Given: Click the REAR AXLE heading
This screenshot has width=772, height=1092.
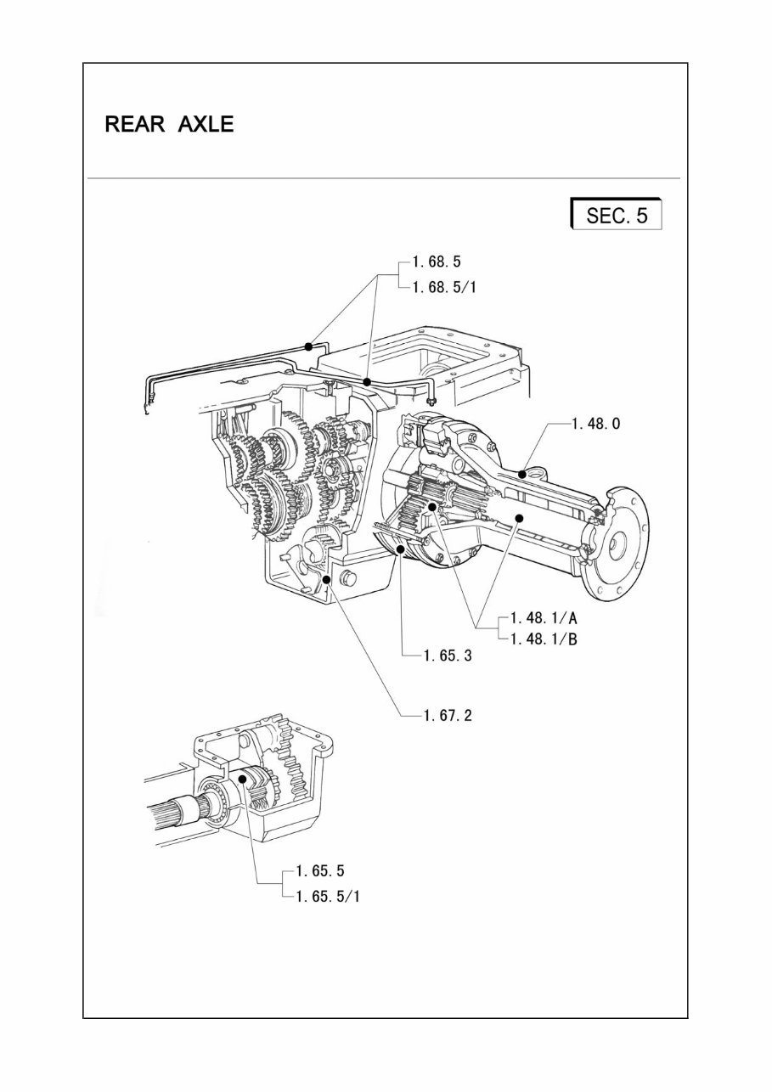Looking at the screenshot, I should point(169,124).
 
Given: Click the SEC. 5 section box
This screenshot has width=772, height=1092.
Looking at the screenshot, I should point(617,215).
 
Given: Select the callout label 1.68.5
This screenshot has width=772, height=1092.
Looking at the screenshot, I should point(437,262).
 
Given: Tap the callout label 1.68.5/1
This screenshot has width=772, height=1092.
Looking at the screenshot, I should point(444,287).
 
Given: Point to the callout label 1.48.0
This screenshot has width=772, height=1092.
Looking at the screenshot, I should point(595,423).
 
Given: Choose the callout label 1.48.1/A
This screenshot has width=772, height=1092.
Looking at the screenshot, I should point(544,618).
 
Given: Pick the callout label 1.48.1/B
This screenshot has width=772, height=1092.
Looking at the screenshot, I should point(544,639).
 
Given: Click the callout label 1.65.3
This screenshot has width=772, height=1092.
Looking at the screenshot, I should point(448,655).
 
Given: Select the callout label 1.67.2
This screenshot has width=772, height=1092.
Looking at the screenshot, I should point(448,715).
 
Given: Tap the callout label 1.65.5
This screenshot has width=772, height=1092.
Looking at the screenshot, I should point(320,870).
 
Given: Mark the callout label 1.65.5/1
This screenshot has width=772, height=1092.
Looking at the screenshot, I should point(328,896).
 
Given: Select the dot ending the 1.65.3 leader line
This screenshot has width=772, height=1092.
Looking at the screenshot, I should point(399,550).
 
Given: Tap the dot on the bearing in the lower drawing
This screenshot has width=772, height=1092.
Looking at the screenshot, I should point(242,778).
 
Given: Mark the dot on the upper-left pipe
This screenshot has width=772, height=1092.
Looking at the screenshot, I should point(309,346).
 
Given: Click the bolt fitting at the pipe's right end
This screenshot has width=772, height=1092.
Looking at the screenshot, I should point(431,400).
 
